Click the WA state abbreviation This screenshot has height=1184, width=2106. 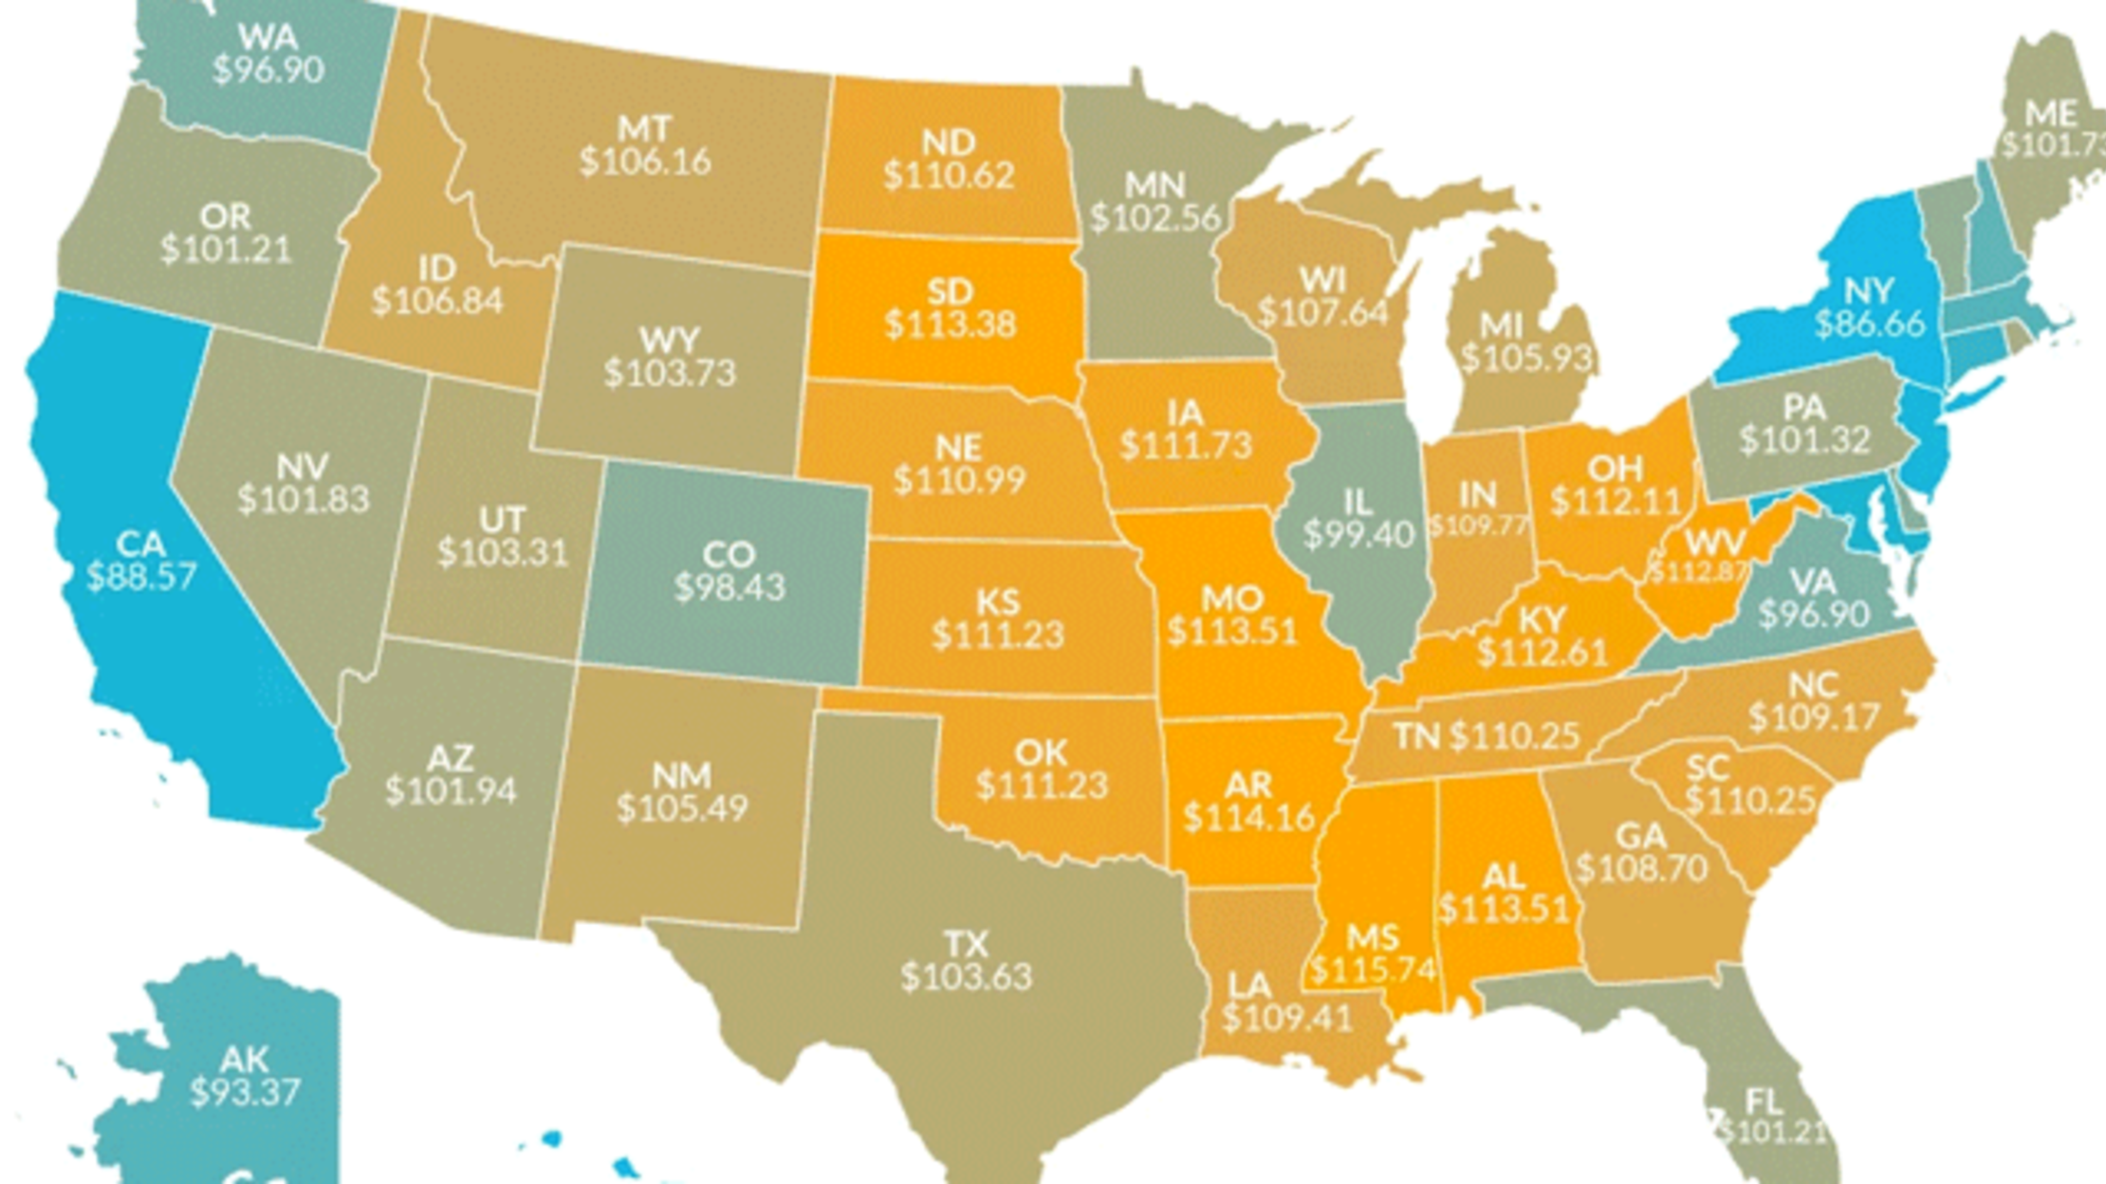[x=268, y=38]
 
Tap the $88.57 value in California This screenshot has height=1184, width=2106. [x=141, y=576]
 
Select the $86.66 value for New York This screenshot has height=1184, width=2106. [x=1870, y=324]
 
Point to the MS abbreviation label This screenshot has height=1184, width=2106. [x=1373, y=937]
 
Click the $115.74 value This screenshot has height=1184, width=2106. [x=1373, y=970]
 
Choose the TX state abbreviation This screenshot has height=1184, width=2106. [x=967, y=944]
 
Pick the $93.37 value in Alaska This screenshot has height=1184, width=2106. [x=245, y=1092]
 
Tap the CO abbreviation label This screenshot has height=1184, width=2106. [x=729, y=554]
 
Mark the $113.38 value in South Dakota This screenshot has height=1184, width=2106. [x=950, y=324]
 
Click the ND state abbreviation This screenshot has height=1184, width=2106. [x=949, y=142]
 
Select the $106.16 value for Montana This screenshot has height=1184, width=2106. [x=645, y=161]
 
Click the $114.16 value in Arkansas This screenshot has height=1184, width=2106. [x=1248, y=817]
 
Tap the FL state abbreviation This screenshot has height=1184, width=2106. [x=1764, y=1101]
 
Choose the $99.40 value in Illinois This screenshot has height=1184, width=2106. [x=1358, y=534]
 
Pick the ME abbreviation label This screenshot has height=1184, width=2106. [x=2050, y=114]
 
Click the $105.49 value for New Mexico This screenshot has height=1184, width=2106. [x=682, y=807]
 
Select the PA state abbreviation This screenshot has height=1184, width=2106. [x=1804, y=408]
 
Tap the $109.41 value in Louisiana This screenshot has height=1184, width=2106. [x=1286, y=1018]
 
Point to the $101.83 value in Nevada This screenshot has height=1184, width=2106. [x=303, y=499]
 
